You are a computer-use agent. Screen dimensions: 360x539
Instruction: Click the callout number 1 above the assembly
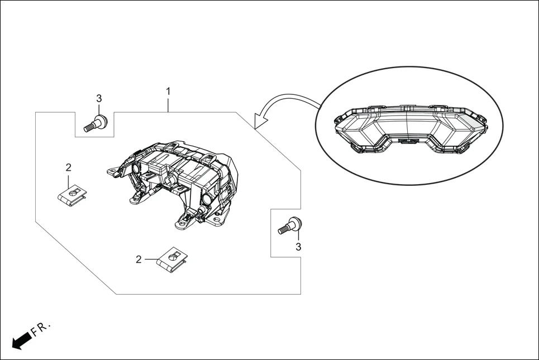coord(168,90)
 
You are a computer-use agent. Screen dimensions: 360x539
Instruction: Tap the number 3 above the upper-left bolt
coord(99,98)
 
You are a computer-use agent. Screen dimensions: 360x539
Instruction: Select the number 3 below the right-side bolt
coord(298,246)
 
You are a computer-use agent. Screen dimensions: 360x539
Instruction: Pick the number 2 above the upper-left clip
coord(68,167)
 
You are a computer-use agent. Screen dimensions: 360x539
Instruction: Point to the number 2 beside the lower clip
coord(139,259)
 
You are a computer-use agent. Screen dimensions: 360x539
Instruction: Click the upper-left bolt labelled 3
coord(96,123)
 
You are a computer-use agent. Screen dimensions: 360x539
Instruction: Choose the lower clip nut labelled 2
coord(173,258)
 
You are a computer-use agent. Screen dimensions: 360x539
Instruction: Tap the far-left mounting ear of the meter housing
coord(112,171)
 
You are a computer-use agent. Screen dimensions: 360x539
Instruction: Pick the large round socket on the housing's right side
coord(207,200)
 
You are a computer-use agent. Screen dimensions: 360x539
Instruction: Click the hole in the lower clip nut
coord(175,256)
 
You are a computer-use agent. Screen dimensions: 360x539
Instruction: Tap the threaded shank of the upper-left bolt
coord(89,127)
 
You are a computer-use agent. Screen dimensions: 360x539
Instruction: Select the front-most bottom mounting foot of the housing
coord(182,225)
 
